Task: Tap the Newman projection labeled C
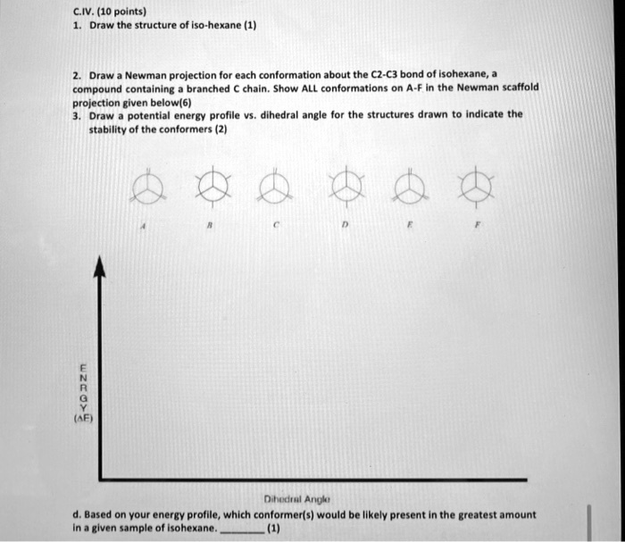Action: click(278, 188)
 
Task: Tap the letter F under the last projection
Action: click(479, 228)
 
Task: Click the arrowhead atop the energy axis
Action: click(101, 265)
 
